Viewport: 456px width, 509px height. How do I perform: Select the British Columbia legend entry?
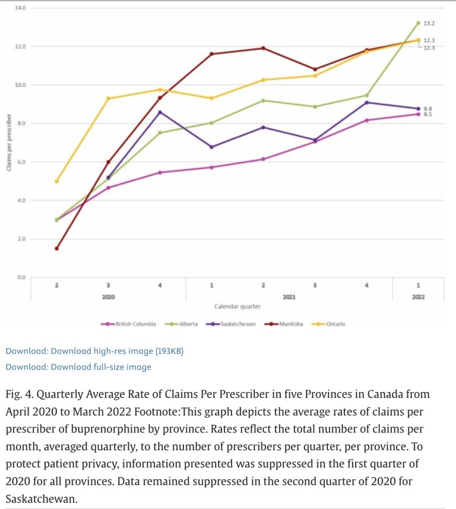coord(132,324)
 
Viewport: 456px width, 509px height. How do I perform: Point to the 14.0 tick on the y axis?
coord(21,8)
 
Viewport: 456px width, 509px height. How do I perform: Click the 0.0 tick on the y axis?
coord(21,277)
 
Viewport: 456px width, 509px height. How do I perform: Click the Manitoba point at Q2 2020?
coord(56,248)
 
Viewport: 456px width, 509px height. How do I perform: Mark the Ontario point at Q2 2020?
coord(56,181)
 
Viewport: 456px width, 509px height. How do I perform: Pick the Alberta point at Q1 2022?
coord(418,23)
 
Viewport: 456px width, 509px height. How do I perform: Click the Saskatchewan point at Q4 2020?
coord(160,112)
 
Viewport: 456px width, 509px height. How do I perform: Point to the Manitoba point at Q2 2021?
coord(263,48)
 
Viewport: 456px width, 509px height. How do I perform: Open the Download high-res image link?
coord(94,351)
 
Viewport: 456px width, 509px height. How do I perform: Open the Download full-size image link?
coord(78,367)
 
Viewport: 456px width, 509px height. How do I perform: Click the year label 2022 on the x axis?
coord(418,296)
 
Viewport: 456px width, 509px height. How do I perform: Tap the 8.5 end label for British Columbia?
coord(427,114)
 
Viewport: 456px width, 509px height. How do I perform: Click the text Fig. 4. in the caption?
coord(20,394)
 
